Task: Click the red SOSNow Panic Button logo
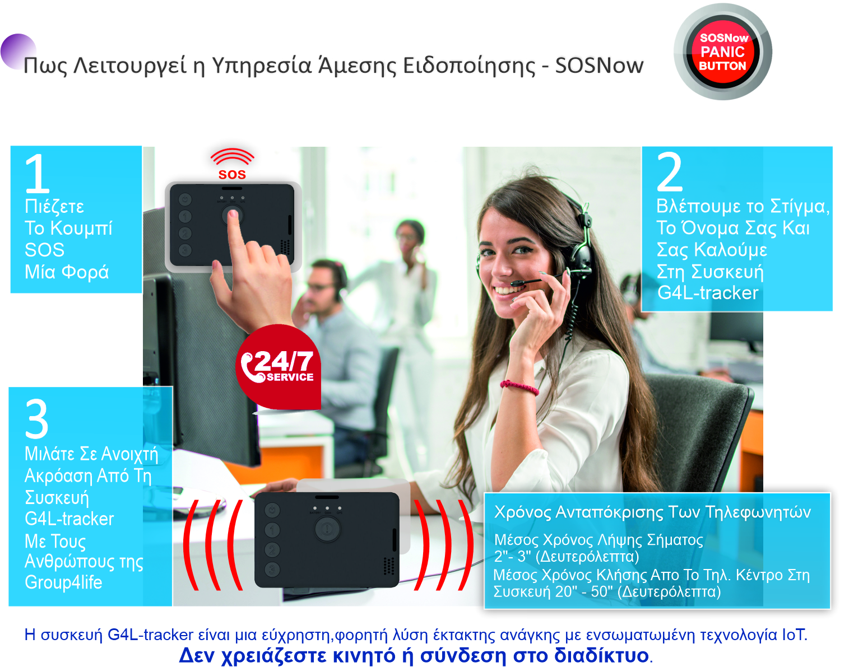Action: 723,52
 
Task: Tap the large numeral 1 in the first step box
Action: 38,172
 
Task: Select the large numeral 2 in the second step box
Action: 670,172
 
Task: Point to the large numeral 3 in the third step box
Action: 36,419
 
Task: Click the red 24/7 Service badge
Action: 279,367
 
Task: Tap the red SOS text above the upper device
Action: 232,175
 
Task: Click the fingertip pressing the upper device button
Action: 233,215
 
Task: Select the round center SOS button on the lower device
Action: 327,528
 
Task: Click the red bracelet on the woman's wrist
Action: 519,387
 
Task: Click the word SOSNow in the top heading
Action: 599,66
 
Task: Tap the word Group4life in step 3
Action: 63,582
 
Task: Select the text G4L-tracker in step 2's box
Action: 708,292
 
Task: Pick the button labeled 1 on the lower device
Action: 272,530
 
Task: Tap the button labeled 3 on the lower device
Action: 272,569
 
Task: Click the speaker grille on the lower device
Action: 388,566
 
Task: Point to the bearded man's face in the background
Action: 321,284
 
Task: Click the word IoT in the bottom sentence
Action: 795,635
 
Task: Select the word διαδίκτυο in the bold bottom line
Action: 601,655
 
